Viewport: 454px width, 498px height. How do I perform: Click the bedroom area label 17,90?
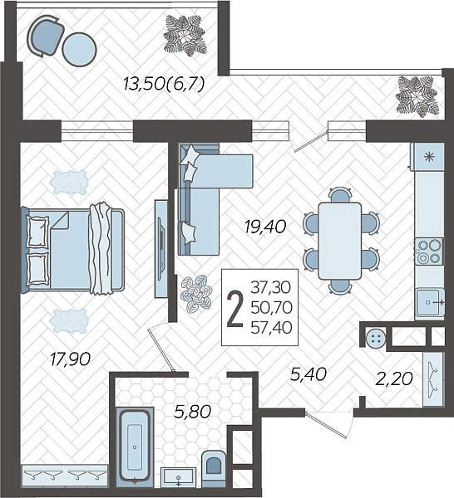coord(71,359)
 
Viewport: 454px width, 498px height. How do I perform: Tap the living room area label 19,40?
coord(265,227)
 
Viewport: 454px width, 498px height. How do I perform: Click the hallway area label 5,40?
coord(308,374)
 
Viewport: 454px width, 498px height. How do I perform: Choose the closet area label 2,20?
coord(394,378)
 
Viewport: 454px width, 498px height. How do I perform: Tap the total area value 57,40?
coord(271,328)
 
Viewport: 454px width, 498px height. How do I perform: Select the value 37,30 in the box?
coord(271,287)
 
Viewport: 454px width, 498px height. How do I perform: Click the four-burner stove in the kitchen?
coord(428,251)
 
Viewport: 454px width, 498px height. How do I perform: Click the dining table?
coord(340,241)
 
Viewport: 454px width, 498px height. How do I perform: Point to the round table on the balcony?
coord(79,49)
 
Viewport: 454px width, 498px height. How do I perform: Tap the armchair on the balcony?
coord(46,36)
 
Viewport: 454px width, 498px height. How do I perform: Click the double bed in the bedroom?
coord(72,249)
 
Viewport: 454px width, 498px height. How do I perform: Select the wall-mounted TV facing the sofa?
coord(160,249)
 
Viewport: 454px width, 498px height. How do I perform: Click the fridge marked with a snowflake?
coord(427,157)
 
